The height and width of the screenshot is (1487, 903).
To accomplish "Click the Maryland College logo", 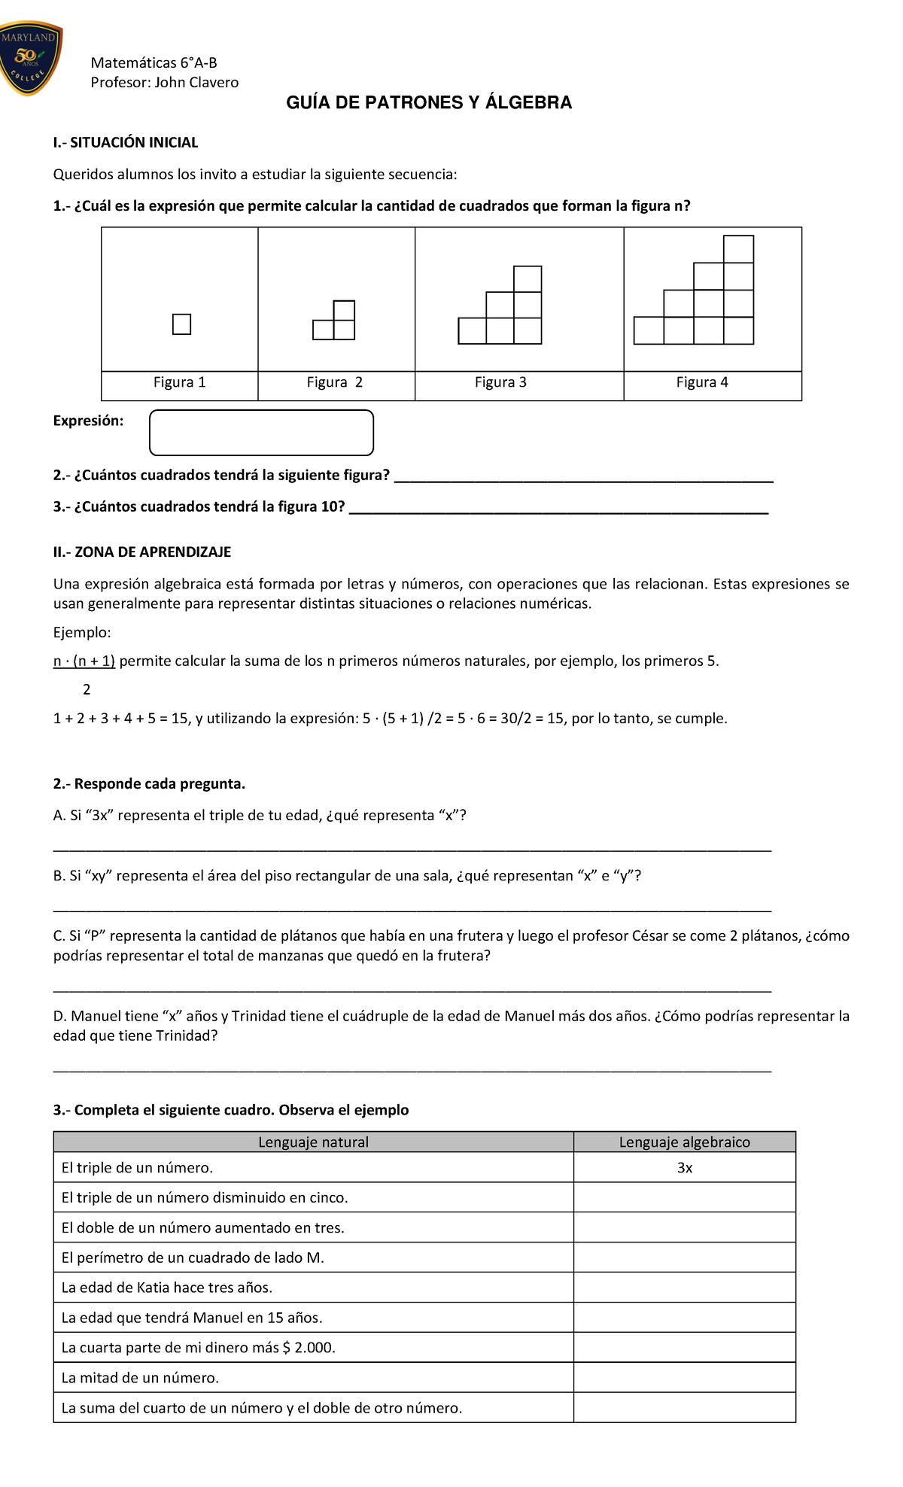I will click(x=31, y=59).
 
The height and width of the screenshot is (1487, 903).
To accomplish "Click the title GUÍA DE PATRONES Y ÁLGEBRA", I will click(x=429, y=103).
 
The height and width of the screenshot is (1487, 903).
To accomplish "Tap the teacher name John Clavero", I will click(x=196, y=83).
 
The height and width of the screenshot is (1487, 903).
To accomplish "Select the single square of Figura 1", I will click(x=181, y=324).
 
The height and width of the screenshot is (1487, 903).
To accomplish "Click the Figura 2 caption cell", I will click(x=335, y=383).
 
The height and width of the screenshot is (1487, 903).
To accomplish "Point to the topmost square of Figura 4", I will click(x=738, y=249).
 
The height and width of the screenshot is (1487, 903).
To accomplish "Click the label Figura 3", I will click(x=500, y=383).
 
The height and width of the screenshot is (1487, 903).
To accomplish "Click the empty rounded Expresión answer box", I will click(x=261, y=433).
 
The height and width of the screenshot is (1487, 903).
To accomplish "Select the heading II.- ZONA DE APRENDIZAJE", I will click(x=142, y=552).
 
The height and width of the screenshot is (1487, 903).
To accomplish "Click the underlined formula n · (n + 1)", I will click(x=84, y=661).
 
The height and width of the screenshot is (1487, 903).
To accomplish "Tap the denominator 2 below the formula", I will click(x=87, y=690).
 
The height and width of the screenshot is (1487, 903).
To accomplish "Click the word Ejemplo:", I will click(x=82, y=633).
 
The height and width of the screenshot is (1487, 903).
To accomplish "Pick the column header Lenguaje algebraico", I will click(x=684, y=1142).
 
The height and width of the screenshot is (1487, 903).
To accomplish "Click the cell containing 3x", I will click(x=684, y=1168).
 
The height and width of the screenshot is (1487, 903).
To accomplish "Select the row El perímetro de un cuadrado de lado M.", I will click(x=193, y=1258).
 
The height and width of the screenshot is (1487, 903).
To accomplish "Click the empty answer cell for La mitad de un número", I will click(x=684, y=1378).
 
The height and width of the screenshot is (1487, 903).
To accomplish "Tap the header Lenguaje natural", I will click(x=313, y=1142).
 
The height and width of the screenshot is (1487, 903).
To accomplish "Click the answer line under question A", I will click(x=412, y=849).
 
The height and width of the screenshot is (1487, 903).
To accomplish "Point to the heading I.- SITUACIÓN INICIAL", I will click(x=126, y=143).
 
